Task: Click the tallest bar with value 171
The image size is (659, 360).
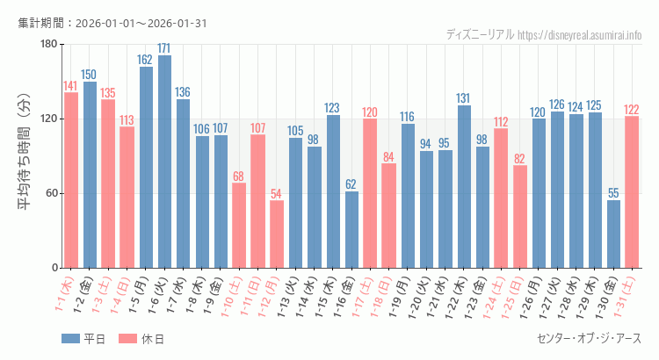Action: click(164, 162)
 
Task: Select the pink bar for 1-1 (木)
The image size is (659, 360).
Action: click(71, 180)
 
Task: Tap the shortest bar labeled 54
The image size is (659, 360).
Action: click(277, 234)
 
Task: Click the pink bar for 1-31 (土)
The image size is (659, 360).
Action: click(632, 191)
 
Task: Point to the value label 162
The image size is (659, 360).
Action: click(146, 61)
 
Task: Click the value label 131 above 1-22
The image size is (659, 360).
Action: click(464, 98)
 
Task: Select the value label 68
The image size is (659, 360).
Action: click(239, 176)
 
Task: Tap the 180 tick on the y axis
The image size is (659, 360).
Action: click(47, 44)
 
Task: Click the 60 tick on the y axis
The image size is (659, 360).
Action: click(50, 193)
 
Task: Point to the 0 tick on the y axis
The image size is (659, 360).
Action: click(54, 268)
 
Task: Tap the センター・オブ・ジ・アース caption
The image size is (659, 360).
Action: click(588, 338)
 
